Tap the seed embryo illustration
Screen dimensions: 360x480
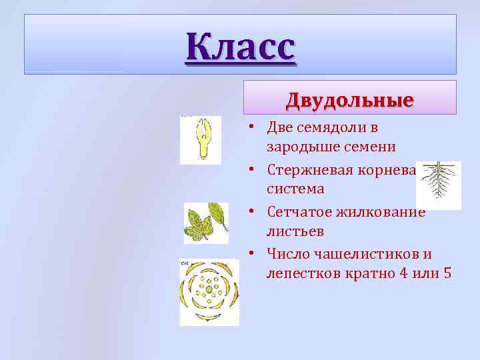pyautogui.click(x=200, y=139)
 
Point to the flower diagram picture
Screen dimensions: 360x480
pyautogui.click(x=209, y=292)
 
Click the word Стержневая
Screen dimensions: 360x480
pyautogui.click(x=305, y=170)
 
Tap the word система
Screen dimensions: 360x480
pyautogui.click(x=295, y=189)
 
